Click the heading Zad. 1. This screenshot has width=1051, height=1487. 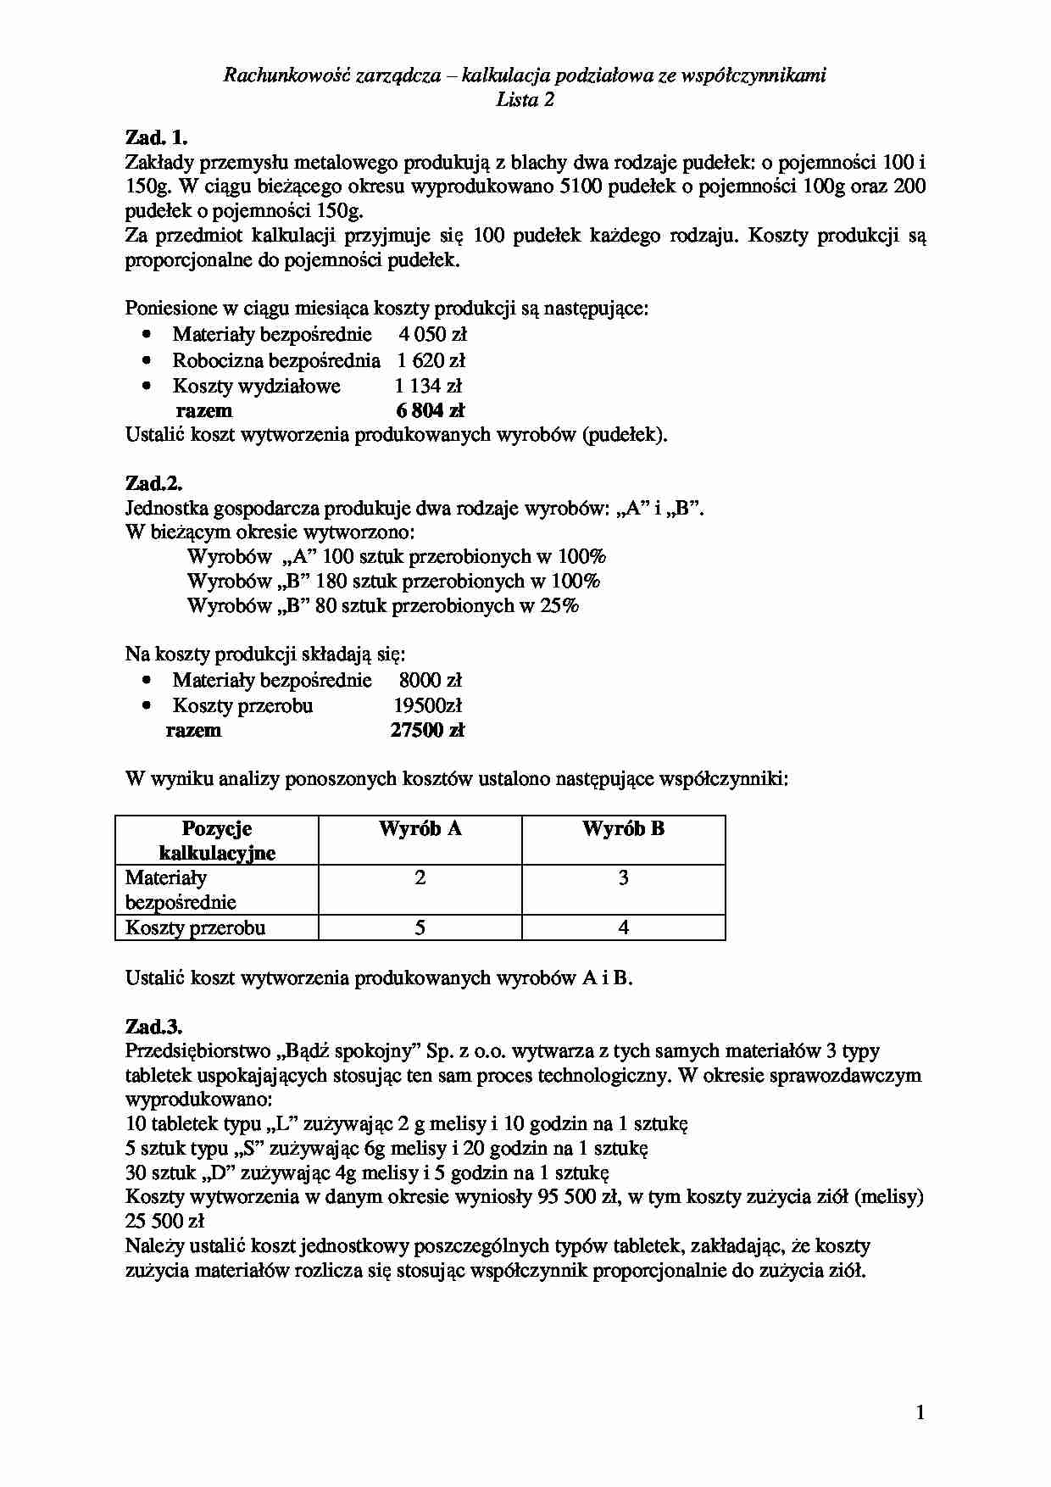pos(156,137)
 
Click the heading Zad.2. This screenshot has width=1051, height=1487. pos(153,483)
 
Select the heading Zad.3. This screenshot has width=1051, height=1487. pos(153,1027)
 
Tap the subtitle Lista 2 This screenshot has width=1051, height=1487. pos(525,100)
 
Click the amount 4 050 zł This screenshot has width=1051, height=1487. pos(432,335)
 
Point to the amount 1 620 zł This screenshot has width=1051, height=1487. pos(431,361)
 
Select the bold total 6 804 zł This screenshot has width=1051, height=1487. pos(431,411)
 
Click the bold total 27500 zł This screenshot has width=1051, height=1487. pos(427,731)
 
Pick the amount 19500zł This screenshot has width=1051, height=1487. pos(428,706)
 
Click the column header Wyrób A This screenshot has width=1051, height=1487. pos(420,829)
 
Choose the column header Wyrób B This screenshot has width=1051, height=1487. pos(623,829)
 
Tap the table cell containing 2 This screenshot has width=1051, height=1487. pos(420,878)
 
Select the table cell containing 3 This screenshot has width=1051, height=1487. pos(623,878)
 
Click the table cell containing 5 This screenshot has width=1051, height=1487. pos(420,927)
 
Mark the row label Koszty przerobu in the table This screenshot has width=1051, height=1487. pos(196,927)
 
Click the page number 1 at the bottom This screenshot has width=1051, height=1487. pos(920,1412)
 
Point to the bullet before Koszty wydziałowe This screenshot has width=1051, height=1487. pos(147,386)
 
